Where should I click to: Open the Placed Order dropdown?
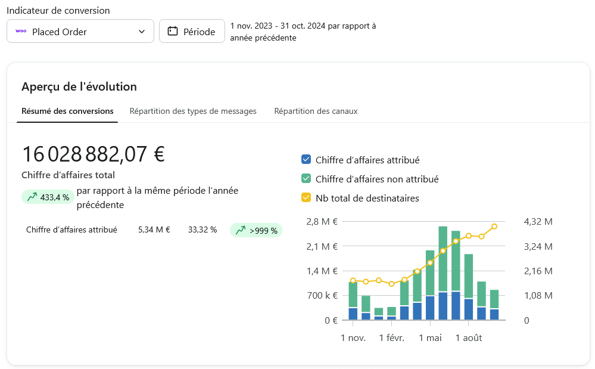(x=80, y=32)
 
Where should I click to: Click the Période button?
(x=192, y=32)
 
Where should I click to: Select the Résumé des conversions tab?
(x=67, y=111)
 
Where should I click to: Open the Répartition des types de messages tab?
(x=193, y=111)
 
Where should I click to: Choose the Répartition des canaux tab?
(x=316, y=111)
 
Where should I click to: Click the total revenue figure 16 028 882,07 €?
(x=93, y=154)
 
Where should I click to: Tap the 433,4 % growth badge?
(x=48, y=197)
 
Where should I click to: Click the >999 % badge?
(x=256, y=230)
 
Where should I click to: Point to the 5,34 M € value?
(x=154, y=230)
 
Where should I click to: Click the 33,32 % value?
(x=203, y=230)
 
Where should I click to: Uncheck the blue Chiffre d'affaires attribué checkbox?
(x=306, y=160)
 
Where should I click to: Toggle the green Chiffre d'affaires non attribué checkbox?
(x=306, y=179)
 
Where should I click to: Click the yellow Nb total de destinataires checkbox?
(x=306, y=198)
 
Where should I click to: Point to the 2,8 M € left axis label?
(x=322, y=222)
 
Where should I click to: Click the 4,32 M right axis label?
(x=538, y=222)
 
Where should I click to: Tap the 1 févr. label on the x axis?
(x=391, y=338)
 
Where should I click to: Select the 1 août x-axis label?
(x=469, y=338)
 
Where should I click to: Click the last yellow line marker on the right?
(x=494, y=227)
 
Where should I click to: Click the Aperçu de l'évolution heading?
(x=79, y=86)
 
